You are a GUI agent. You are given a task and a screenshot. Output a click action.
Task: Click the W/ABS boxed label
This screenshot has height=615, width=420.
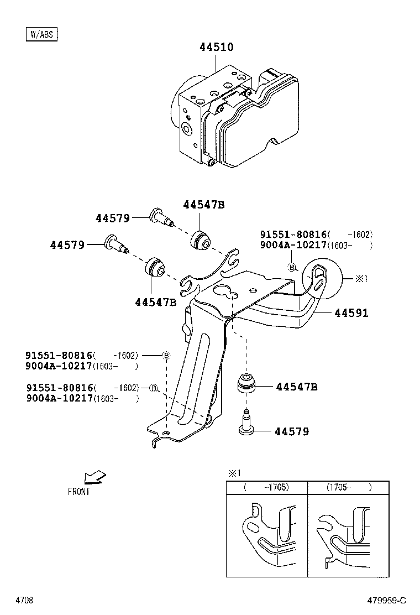click(41, 35)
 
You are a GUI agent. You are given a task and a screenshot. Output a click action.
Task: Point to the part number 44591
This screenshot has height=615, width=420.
click(351, 313)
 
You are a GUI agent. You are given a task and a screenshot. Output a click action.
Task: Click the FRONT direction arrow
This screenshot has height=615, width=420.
click(95, 477)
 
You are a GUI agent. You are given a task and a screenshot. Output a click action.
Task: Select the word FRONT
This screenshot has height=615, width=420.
click(78, 491)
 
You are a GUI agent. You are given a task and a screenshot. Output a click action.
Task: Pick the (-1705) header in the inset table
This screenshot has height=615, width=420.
click(267, 487)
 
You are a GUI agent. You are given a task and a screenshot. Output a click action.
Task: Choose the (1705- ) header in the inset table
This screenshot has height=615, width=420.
click(348, 487)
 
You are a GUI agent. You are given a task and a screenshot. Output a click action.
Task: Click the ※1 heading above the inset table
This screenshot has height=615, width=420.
click(235, 473)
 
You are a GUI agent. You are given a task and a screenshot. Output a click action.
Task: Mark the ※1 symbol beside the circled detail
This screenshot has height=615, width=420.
click(361, 279)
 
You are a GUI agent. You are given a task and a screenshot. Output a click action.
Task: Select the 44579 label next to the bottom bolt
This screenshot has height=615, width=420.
click(292, 431)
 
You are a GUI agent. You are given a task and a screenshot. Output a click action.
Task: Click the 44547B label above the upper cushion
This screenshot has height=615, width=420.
click(204, 205)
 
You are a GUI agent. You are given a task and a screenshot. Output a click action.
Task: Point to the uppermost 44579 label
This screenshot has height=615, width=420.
click(112, 218)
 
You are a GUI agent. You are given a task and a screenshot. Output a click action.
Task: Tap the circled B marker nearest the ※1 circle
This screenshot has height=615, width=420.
click(291, 267)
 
